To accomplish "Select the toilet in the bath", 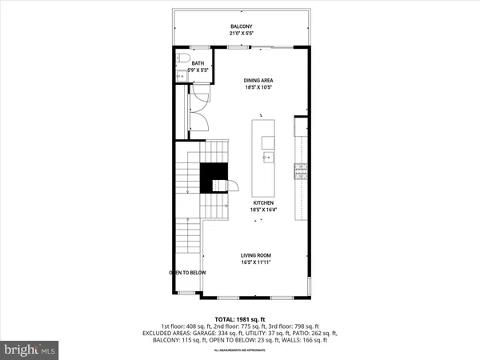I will click(x=182, y=61).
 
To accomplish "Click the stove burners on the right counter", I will click(x=301, y=169).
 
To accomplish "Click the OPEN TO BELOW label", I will click(x=187, y=273).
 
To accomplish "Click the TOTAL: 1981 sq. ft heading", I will click(x=240, y=318).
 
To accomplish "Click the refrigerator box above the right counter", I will click(x=301, y=127).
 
